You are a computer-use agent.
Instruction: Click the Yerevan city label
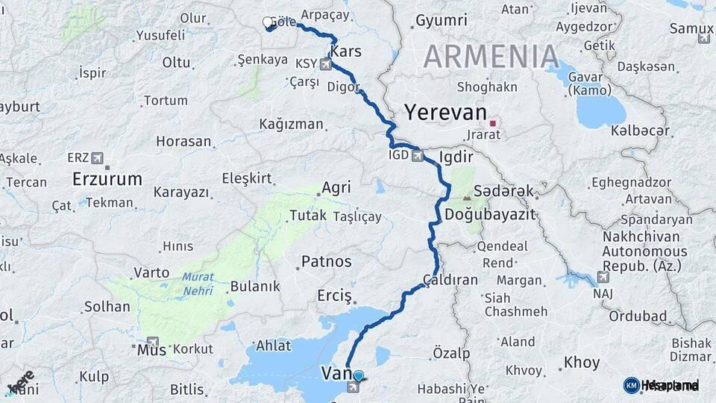point(445,113)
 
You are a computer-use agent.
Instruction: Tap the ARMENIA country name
point(492,56)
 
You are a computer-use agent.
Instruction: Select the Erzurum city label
point(107,179)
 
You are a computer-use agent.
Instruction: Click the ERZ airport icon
point(98,159)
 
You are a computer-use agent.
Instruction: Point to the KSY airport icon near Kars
point(325,64)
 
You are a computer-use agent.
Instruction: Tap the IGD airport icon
point(418,157)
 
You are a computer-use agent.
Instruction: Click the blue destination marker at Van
point(359,376)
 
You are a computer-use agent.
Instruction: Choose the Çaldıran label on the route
point(450,281)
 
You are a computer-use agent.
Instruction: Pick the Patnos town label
point(326,262)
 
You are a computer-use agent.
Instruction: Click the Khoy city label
point(582,363)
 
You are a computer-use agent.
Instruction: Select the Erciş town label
point(334,296)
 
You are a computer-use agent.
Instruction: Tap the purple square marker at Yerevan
point(492,122)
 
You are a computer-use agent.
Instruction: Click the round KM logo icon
point(631,385)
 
